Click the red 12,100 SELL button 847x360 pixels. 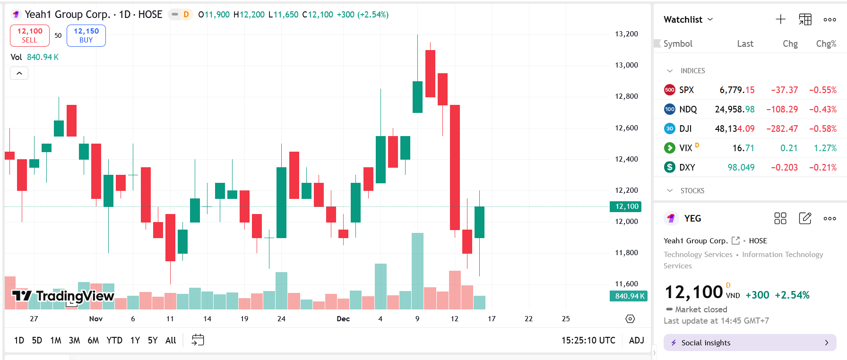(x=30, y=35)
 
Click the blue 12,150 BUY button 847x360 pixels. (x=86, y=35)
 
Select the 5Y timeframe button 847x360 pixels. (x=153, y=340)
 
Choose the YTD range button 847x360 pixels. (x=114, y=340)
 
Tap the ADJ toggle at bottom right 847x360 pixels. (x=636, y=340)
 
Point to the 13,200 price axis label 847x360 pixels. (x=626, y=34)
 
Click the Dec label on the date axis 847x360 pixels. (x=343, y=319)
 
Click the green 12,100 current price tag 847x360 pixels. (x=627, y=206)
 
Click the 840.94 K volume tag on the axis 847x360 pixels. (x=628, y=296)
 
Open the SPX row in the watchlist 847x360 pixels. (x=687, y=90)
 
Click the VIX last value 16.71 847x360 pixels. (x=743, y=148)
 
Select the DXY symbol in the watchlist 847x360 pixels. (x=687, y=167)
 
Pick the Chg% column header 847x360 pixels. (x=826, y=43)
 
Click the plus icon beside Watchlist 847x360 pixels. (x=780, y=19)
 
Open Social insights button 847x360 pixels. (x=750, y=343)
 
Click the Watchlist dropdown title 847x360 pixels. (x=688, y=19)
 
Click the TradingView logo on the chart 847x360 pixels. (x=63, y=296)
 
